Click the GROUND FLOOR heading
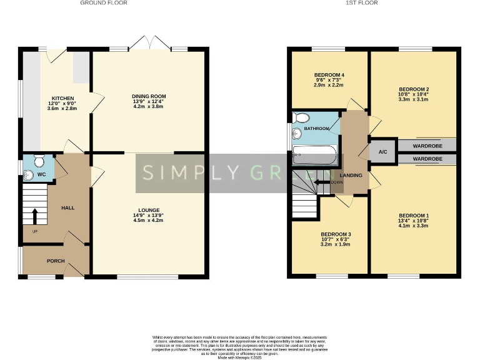pos(103,3)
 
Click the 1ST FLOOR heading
pos(362,3)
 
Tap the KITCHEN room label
pos(62,99)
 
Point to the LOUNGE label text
pos(149,210)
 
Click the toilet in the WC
pos(39,162)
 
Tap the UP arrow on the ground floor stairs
pos(34,217)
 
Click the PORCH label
pos(56,261)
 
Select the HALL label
pos(67,207)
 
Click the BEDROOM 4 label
pos(329,75)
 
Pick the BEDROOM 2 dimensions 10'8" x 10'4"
pos(414,95)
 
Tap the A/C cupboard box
pos(382,152)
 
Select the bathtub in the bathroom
pos(315,154)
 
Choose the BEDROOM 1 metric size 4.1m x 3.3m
pos(414,226)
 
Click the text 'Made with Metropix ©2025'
pos(240,357)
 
